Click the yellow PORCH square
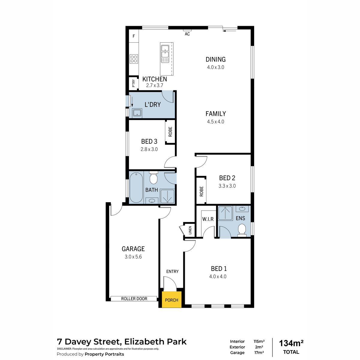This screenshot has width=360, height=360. click(172, 299)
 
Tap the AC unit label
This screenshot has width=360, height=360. click(187, 34)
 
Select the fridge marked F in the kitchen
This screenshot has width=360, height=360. click(134, 36)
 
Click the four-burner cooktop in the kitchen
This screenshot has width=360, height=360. click(134, 59)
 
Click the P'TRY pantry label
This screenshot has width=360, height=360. click(133, 83)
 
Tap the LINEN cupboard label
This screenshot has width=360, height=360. click(190, 230)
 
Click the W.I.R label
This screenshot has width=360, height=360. click(208, 219)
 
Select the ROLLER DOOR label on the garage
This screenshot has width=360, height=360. click(134, 298)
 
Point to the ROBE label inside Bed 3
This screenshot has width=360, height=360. click(170, 132)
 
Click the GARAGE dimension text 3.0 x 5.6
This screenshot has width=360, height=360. click(133, 257)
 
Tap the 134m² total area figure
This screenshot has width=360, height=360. click(291, 343)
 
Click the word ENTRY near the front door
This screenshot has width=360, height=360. click(172, 271)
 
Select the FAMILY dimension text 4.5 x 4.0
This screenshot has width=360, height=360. click(215, 121)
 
